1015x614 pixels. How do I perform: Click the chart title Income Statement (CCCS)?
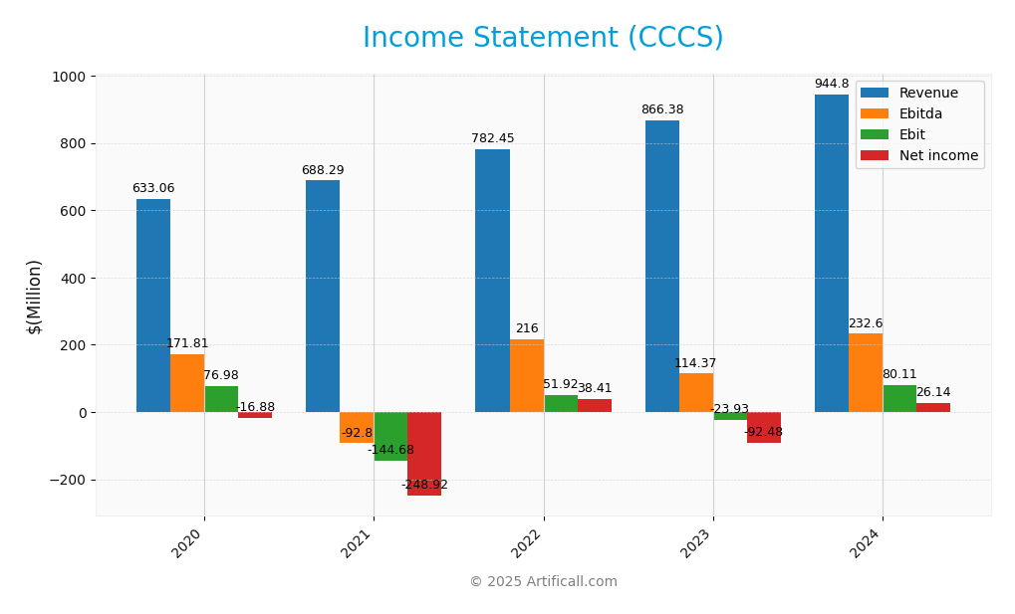click(x=543, y=38)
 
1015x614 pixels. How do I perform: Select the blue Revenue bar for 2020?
click(x=153, y=306)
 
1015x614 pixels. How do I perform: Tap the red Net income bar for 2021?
click(x=424, y=454)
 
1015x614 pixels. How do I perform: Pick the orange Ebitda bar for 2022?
click(x=527, y=375)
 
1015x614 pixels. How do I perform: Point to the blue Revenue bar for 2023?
click(x=662, y=267)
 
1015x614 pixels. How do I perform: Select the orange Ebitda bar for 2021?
click(x=357, y=428)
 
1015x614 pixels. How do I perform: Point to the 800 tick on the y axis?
click(x=72, y=143)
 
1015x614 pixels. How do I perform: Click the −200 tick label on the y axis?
click(x=66, y=480)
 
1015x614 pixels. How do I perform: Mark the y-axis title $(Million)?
click(x=35, y=296)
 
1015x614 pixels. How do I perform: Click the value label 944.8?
click(x=832, y=85)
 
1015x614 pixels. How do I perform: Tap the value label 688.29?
click(x=323, y=171)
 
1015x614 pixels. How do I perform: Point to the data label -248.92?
click(x=424, y=486)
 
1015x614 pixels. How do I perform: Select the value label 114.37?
click(x=695, y=364)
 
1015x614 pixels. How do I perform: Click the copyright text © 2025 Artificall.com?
click(x=543, y=582)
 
